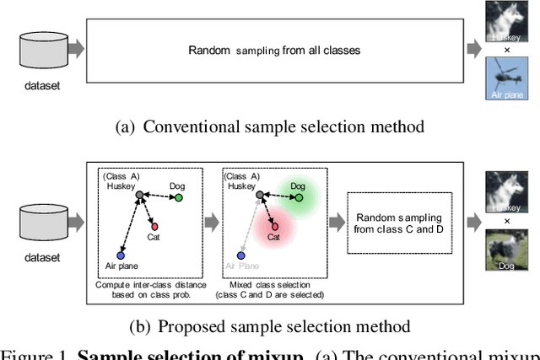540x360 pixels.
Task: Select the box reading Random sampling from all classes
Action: [273, 51]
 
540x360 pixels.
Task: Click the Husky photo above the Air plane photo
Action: [508, 23]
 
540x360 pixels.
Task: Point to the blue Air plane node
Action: [121, 255]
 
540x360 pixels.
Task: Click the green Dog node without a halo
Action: [179, 198]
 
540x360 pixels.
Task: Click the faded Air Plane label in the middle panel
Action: [241, 263]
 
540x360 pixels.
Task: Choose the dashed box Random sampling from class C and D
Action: [400, 223]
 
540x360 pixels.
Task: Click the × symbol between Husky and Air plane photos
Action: [508, 50]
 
